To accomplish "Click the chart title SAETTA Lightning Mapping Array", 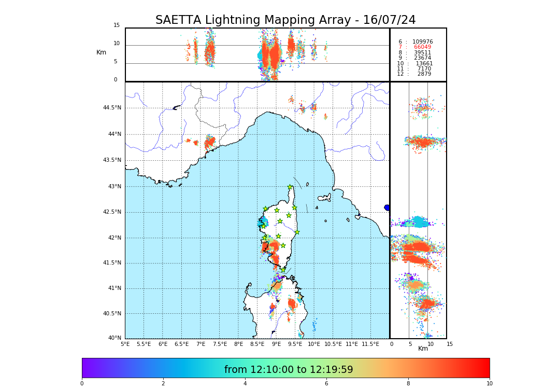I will tap(285, 20).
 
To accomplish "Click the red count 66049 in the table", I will tap(422, 47).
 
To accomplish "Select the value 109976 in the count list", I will tap(422, 42).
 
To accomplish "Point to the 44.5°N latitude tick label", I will tap(112, 108).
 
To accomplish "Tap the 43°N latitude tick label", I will tap(114, 187).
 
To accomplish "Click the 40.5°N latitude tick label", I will tap(112, 314).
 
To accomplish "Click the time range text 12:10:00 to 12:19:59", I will tap(289, 370).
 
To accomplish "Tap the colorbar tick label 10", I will tap(489, 384).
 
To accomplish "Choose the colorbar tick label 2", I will tap(163, 384).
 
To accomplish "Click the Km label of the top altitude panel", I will tap(101, 52).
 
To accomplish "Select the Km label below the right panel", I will tap(423, 349).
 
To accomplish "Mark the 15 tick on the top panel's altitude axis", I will tap(117, 25).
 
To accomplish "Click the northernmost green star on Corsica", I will tap(290, 187).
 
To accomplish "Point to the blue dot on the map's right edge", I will tap(387, 207).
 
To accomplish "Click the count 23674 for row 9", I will tap(422, 58).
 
